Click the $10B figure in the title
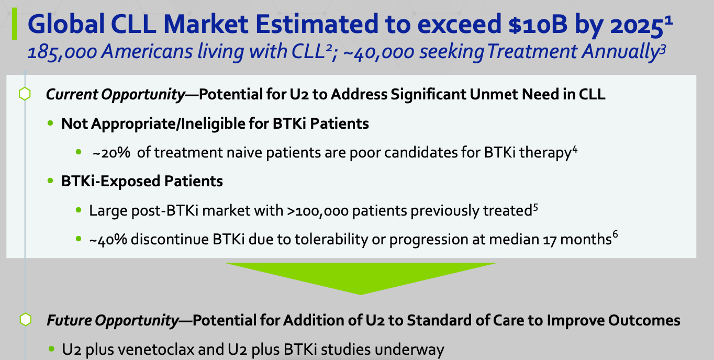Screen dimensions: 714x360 click(x=538, y=24)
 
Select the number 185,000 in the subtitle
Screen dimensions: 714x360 click(x=62, y=52)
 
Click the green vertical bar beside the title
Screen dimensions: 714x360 click(x=14, y=24)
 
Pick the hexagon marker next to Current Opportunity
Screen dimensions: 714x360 click(x=25, y=94)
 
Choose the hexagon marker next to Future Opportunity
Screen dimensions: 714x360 click(x=26, y=320)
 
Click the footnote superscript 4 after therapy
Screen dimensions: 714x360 click(x=575, y=149)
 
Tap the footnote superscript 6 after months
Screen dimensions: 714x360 click(x=615, y=235)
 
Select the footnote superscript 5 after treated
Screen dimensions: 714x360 click(x=535, y=207)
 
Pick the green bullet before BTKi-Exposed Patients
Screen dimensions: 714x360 click(x=50, y=181)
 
